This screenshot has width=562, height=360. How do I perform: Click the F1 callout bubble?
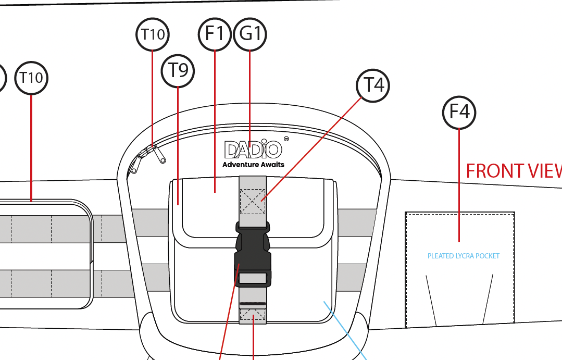click(215, 34)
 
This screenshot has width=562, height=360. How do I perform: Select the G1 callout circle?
click(250, 34)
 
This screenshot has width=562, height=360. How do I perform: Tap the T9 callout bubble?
click(178, 70)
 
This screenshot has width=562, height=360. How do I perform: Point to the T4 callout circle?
click(373, 84)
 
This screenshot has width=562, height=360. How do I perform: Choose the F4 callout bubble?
click(459, 112)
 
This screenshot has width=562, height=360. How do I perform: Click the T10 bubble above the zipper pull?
click(152, 34)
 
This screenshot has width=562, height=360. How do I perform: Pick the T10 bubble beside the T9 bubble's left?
click(31, 78)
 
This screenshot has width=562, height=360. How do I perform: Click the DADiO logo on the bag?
click(253, 150)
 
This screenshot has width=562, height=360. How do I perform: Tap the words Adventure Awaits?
click(253, 165)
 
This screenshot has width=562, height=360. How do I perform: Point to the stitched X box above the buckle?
click(253, 201)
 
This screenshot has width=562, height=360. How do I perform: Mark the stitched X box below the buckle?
click(253, 316)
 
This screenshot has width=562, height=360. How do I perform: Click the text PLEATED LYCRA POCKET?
click(463, 256)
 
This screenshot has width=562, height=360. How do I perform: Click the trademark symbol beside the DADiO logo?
click(286, 139)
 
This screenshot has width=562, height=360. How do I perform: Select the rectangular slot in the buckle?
click(253, 278)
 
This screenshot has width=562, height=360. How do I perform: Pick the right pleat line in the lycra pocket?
click(488, 300)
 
